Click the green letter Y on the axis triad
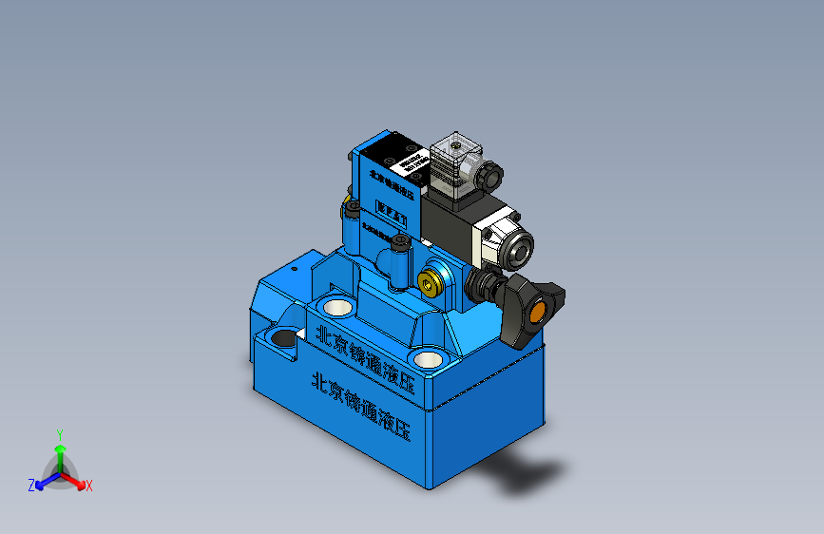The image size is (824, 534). (x=59, y=433)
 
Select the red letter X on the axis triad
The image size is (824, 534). (x=88, y=486)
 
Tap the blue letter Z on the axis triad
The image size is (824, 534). (x=30, y=486)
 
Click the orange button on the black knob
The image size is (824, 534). (x=538, y=313)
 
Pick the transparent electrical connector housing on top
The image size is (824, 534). (x=453, y=165)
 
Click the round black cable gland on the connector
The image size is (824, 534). (x=490, y=177)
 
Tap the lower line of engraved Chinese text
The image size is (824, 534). (x=362, y=403)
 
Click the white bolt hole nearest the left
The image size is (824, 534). (x=334, y=307)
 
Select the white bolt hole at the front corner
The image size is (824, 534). (x=429, y=359)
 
